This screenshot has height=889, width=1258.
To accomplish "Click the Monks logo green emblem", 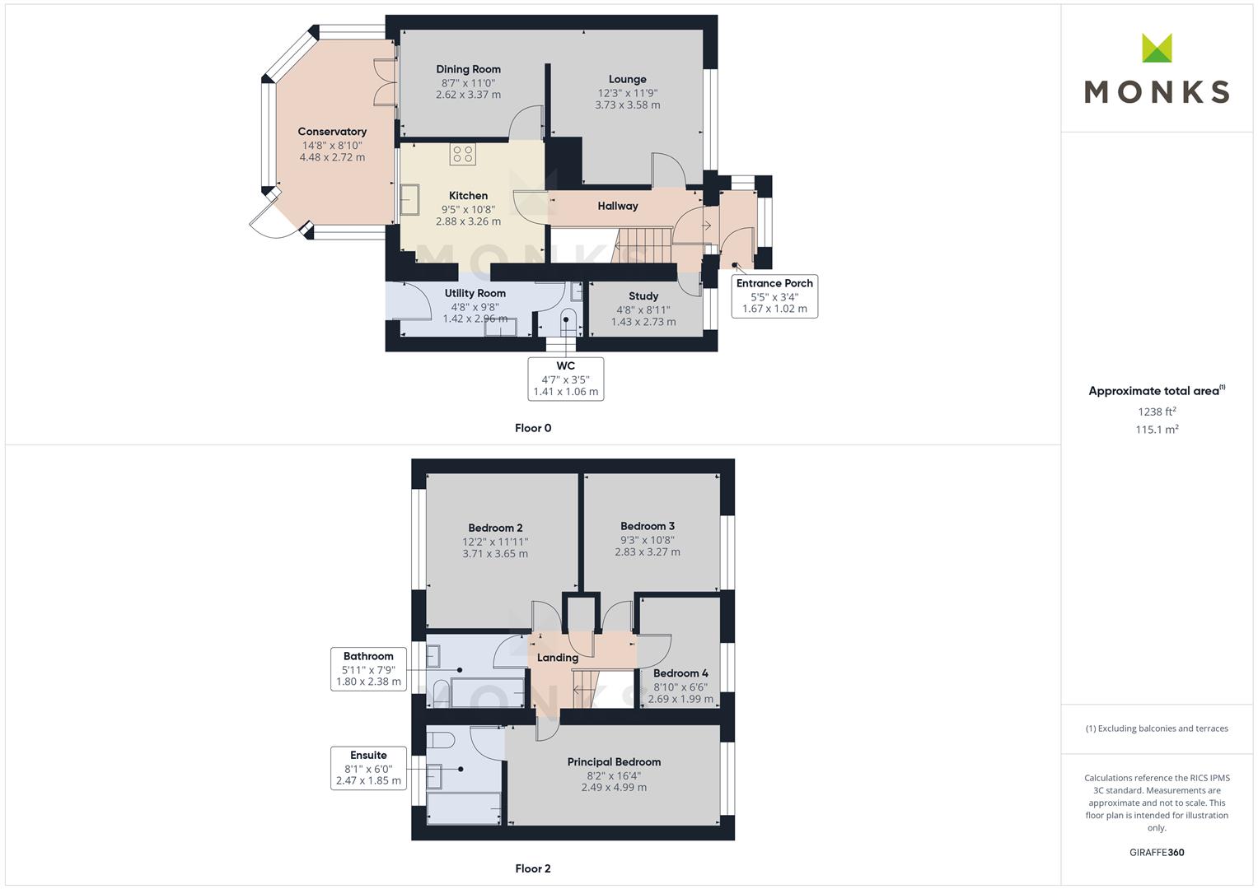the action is pos(1157,48).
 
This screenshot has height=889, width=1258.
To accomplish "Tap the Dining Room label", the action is pos(469,69).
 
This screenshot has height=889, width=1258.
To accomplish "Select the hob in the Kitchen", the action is pos(463,154).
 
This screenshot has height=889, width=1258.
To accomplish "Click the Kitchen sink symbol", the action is pos(410,199).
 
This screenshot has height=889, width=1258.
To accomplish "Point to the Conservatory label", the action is pos(332,132).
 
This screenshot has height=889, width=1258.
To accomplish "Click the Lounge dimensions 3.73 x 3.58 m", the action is pos(627,105).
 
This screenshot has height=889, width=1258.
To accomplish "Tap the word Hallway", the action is pos(618,206).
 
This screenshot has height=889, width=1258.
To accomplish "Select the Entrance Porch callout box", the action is pos(774,296).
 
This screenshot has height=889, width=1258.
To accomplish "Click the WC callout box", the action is pos(565,379).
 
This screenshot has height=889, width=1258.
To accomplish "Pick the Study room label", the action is pos(643,296).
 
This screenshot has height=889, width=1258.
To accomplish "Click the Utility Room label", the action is pos(475,293).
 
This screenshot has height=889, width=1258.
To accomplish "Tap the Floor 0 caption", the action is pos(533,428).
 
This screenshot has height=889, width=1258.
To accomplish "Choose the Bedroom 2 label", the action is pos(495,528).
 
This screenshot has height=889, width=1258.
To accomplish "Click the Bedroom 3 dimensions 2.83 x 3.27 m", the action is pos(647,552).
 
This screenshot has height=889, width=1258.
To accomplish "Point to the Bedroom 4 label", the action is pos(680,673).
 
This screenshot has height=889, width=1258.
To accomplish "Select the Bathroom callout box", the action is pos(368,669).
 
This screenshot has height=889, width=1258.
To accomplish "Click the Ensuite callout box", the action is pos(368,768).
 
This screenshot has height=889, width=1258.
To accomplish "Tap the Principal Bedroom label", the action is pos(614,761).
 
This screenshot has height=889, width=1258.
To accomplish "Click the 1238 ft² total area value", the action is pos(1157,412).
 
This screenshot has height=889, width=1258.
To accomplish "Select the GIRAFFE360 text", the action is pos(1157,853).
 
